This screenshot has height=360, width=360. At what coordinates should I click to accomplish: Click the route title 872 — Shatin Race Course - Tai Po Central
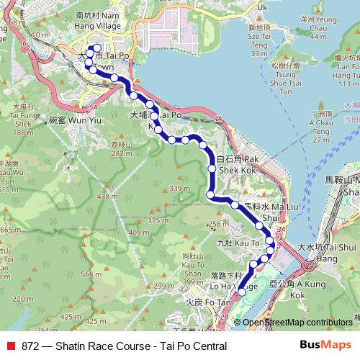point(124,346)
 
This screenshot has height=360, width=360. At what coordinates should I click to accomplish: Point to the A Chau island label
point(320,124)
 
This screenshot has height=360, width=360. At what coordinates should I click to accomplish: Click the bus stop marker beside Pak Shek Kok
point(212,168)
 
